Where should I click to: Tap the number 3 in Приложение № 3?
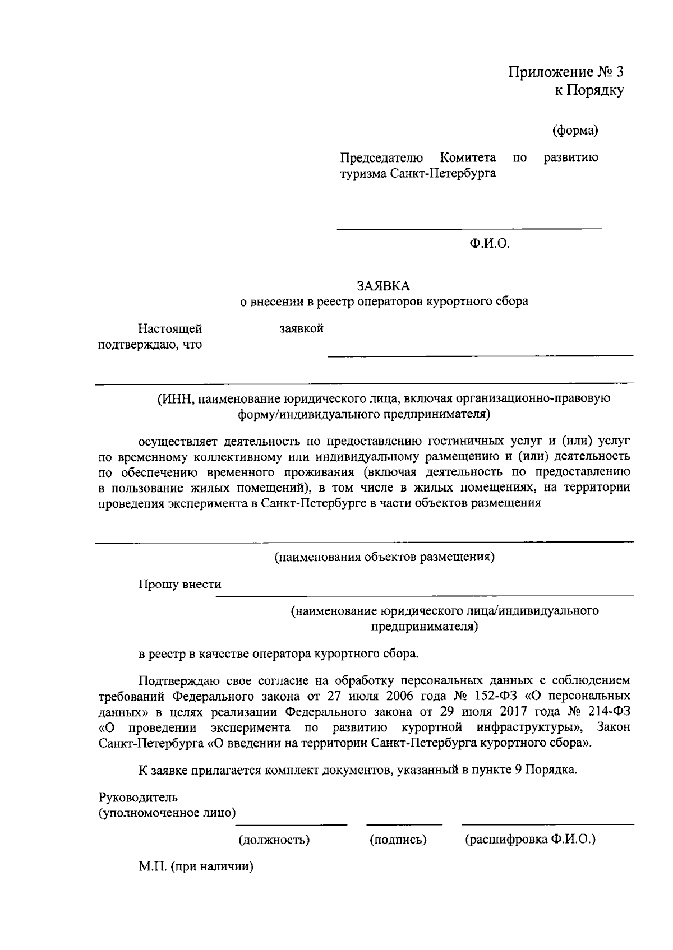(x=619, y=72)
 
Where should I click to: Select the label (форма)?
(x=575, y=131)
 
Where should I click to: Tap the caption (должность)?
(x=274, y=840)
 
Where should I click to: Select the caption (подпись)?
(x=398, y=840)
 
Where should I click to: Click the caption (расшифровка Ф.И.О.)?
(x=531, y=840)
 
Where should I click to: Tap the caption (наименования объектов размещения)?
(x=384, y=557)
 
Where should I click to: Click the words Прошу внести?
(x=180, y=584)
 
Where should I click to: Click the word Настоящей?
(x=170, y=328)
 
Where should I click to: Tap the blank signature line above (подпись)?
(x=404, y=824)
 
